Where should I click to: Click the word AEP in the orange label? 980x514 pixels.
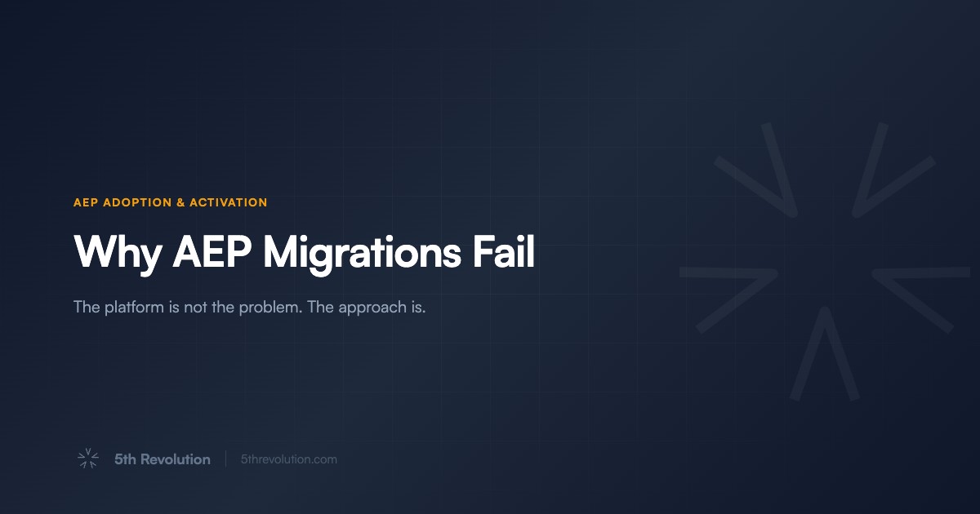point(85,202)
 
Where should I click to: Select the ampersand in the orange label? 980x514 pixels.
point(180,202)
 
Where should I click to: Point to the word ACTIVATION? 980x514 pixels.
point(228,202)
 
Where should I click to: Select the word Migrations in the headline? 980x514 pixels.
point(361,253)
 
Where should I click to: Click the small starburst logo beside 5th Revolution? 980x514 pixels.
point(87,459)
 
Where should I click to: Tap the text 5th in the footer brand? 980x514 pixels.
point(125,459)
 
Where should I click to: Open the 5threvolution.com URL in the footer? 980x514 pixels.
point(289,459)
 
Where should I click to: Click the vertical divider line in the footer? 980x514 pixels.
point(226,459)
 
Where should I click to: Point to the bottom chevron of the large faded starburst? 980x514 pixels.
point(825,355)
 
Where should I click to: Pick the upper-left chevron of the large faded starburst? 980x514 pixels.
point(759,175)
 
